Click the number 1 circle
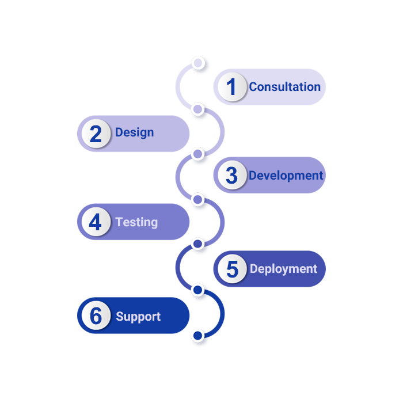[231, 88]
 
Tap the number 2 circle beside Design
[96, 134]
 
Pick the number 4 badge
[96, 222]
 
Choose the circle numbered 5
[231, 269]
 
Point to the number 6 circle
[96, 316]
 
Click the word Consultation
[284, 87]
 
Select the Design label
[134, 132]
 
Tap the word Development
[286, 176]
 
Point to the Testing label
[136, 222]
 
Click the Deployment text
[283, 269]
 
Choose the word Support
[138, 317]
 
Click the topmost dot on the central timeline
[198, 62]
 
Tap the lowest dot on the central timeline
[197, 335]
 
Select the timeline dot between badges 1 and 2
[197, 109]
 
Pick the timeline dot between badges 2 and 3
[197, 154]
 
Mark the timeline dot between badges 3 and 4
[197, 199]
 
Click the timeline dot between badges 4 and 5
[197, 244]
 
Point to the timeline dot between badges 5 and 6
[197, 290]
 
